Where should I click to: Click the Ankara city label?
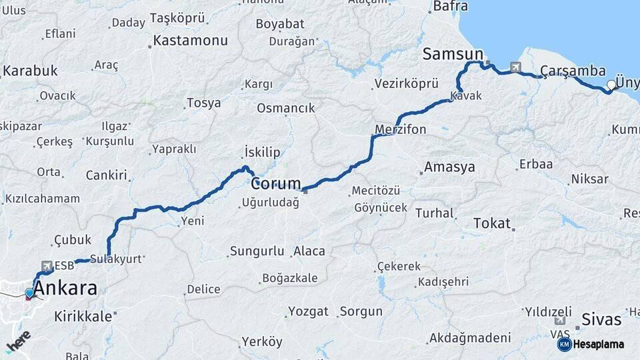click(65, 289)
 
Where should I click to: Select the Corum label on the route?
click(275, 183)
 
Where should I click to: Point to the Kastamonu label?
click(190, 41)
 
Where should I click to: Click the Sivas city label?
click(601, 319)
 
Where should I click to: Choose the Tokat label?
click(491, 223)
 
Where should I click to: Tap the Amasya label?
click(450, 167)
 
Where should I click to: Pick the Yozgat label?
click(308, 311)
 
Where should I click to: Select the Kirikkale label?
click(83, 316)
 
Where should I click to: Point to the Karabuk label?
click(30, 71)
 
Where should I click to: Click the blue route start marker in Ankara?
click(29, 293)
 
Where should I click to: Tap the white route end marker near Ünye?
click(611, 85)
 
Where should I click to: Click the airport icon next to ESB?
click(47, 265)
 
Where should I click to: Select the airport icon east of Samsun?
click(515, 67)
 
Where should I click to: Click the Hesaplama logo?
click(592, 344)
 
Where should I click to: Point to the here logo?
click(18, 341)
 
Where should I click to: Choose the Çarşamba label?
click(573, 71)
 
